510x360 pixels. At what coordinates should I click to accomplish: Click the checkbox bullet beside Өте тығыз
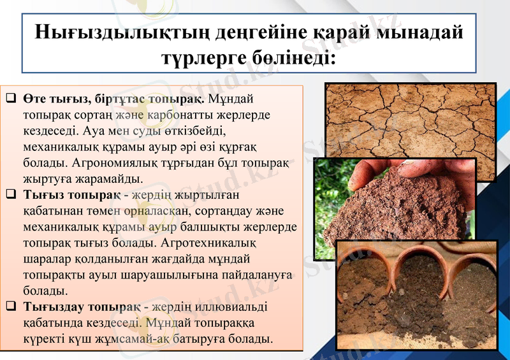click(11, 99)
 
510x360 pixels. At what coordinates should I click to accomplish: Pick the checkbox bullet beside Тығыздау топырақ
click(11, 306)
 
